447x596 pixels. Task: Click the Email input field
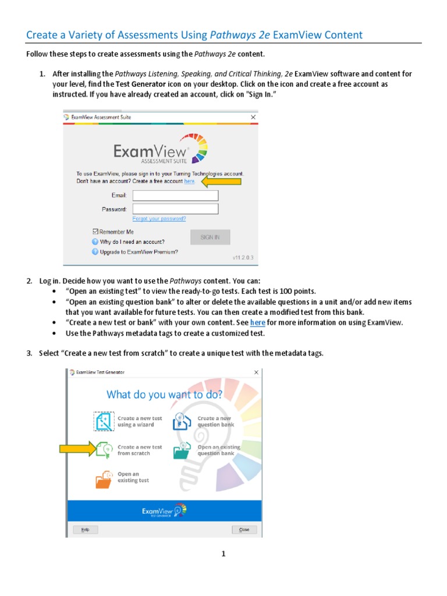[x=175, y=196]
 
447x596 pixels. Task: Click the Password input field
[x=175, y=209]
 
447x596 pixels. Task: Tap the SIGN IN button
[x=210, y=237]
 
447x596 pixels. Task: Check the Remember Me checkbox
[x=95, y=232]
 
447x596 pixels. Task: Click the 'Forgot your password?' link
[x=159, y=219]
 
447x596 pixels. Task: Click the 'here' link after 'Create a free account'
[x=189, y=182]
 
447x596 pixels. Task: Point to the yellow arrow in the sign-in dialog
[x=221, y=182]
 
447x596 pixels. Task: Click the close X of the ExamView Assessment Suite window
[x=253, y=117]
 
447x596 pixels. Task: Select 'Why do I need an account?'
[x=132, y=242]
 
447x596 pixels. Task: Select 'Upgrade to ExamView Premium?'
[x=139, y=252]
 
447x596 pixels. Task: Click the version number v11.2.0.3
[x=243, y=257]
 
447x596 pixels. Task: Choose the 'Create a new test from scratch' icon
[x=105, y=450]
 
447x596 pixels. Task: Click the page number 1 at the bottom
[x=223, y=554]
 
